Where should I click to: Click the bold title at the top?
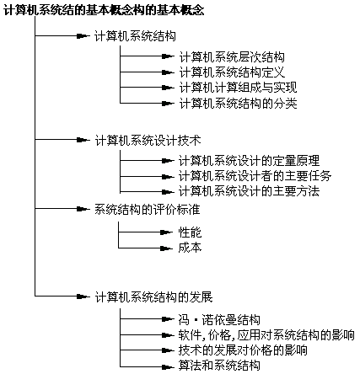coord(104,10)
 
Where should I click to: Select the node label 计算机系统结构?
coord(135,36)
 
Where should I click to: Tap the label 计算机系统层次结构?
coord(232,57)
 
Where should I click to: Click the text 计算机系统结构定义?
coord(232,72)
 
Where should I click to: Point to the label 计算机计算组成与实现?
coord(238,88)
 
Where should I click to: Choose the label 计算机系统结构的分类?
coord(238,104)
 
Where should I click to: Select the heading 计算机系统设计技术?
coord(148,141)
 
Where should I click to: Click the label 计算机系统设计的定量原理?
coord(249,161)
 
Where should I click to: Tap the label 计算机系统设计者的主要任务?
coord(255,176)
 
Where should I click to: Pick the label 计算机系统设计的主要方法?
coord(249,191)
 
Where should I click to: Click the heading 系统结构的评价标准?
coord(148,210)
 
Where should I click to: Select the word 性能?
coord(190,232)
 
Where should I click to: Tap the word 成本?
coord(190,248)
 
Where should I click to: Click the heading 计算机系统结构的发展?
coord(153,297)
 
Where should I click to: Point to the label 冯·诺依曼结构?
coord(219,320)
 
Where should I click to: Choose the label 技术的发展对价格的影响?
coord(243,350)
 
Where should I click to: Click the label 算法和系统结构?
coord(219,366)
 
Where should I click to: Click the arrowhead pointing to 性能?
coord(166,232)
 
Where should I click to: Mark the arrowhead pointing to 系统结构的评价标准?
coord(83,209)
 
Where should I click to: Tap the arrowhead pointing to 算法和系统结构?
coord(168,366)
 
